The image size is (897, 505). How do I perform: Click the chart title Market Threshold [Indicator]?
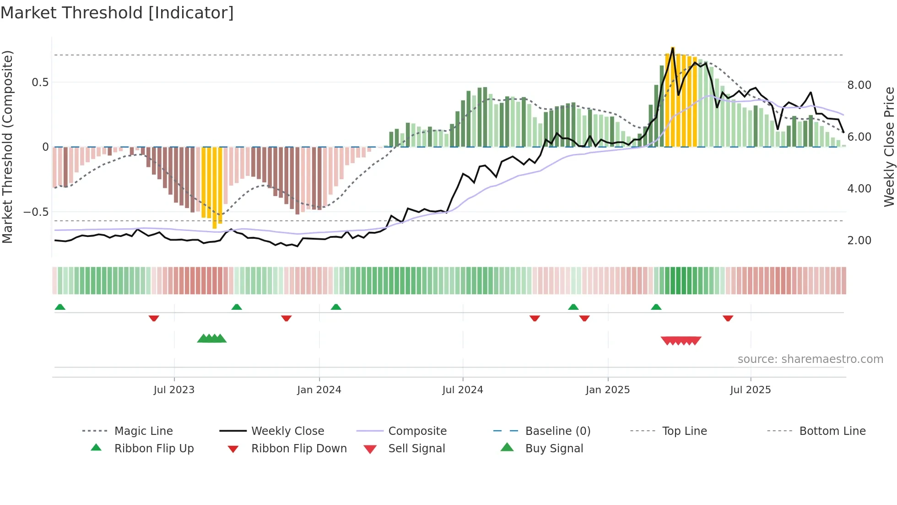coord(117,13)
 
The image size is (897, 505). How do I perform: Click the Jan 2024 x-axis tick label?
coord(319,390)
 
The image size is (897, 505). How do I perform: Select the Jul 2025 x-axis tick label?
coord(750,390)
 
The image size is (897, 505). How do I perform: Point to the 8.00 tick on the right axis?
coord(859,85)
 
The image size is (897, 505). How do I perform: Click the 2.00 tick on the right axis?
coord(859,241)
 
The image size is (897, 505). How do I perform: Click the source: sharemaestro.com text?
coord(810,359)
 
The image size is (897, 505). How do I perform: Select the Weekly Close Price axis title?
coord(889,147)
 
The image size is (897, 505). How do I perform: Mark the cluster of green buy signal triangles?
coord(212,339)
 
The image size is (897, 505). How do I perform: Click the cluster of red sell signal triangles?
coord(681,340)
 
